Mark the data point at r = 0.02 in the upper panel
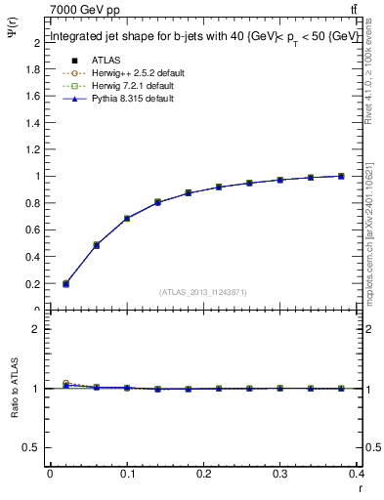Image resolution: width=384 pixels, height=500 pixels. point(65,283)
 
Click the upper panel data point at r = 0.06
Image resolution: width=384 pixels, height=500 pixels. point(97,245)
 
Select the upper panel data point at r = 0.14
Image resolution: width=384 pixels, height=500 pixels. point(157,202)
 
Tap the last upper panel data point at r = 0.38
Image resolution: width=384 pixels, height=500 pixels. point(341,176)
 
